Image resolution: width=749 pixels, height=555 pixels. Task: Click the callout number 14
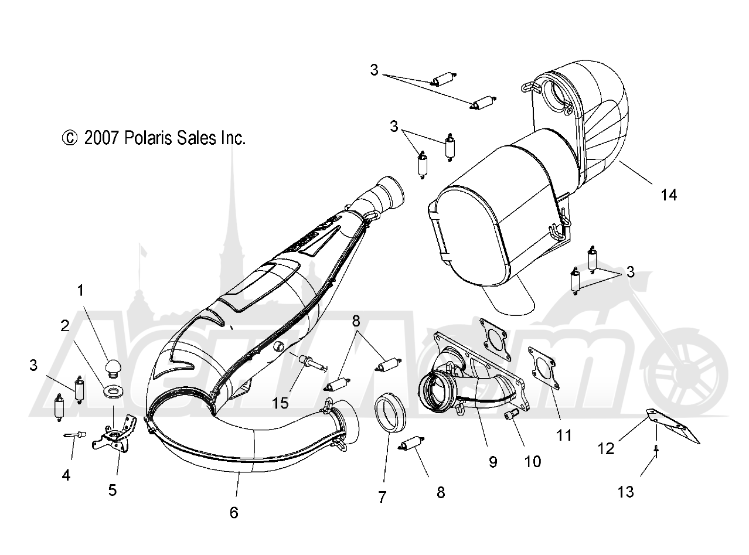669,195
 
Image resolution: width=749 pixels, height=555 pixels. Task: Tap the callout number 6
234,512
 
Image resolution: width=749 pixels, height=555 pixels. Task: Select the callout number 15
280,403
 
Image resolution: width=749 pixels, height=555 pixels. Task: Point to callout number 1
80,290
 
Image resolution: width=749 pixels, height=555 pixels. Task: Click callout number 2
65,326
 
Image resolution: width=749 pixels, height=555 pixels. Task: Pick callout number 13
625,492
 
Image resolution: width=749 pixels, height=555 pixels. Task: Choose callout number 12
605,449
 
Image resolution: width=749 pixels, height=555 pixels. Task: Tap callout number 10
533,462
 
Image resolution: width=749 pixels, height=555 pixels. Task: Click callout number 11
564,435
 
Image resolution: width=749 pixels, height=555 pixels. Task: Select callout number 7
382,497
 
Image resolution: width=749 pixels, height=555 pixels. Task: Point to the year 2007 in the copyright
101,138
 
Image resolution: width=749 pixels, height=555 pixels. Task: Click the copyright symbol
70,138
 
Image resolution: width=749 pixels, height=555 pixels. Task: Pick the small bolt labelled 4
75,435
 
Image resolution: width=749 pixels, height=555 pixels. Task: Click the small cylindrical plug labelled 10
511,415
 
